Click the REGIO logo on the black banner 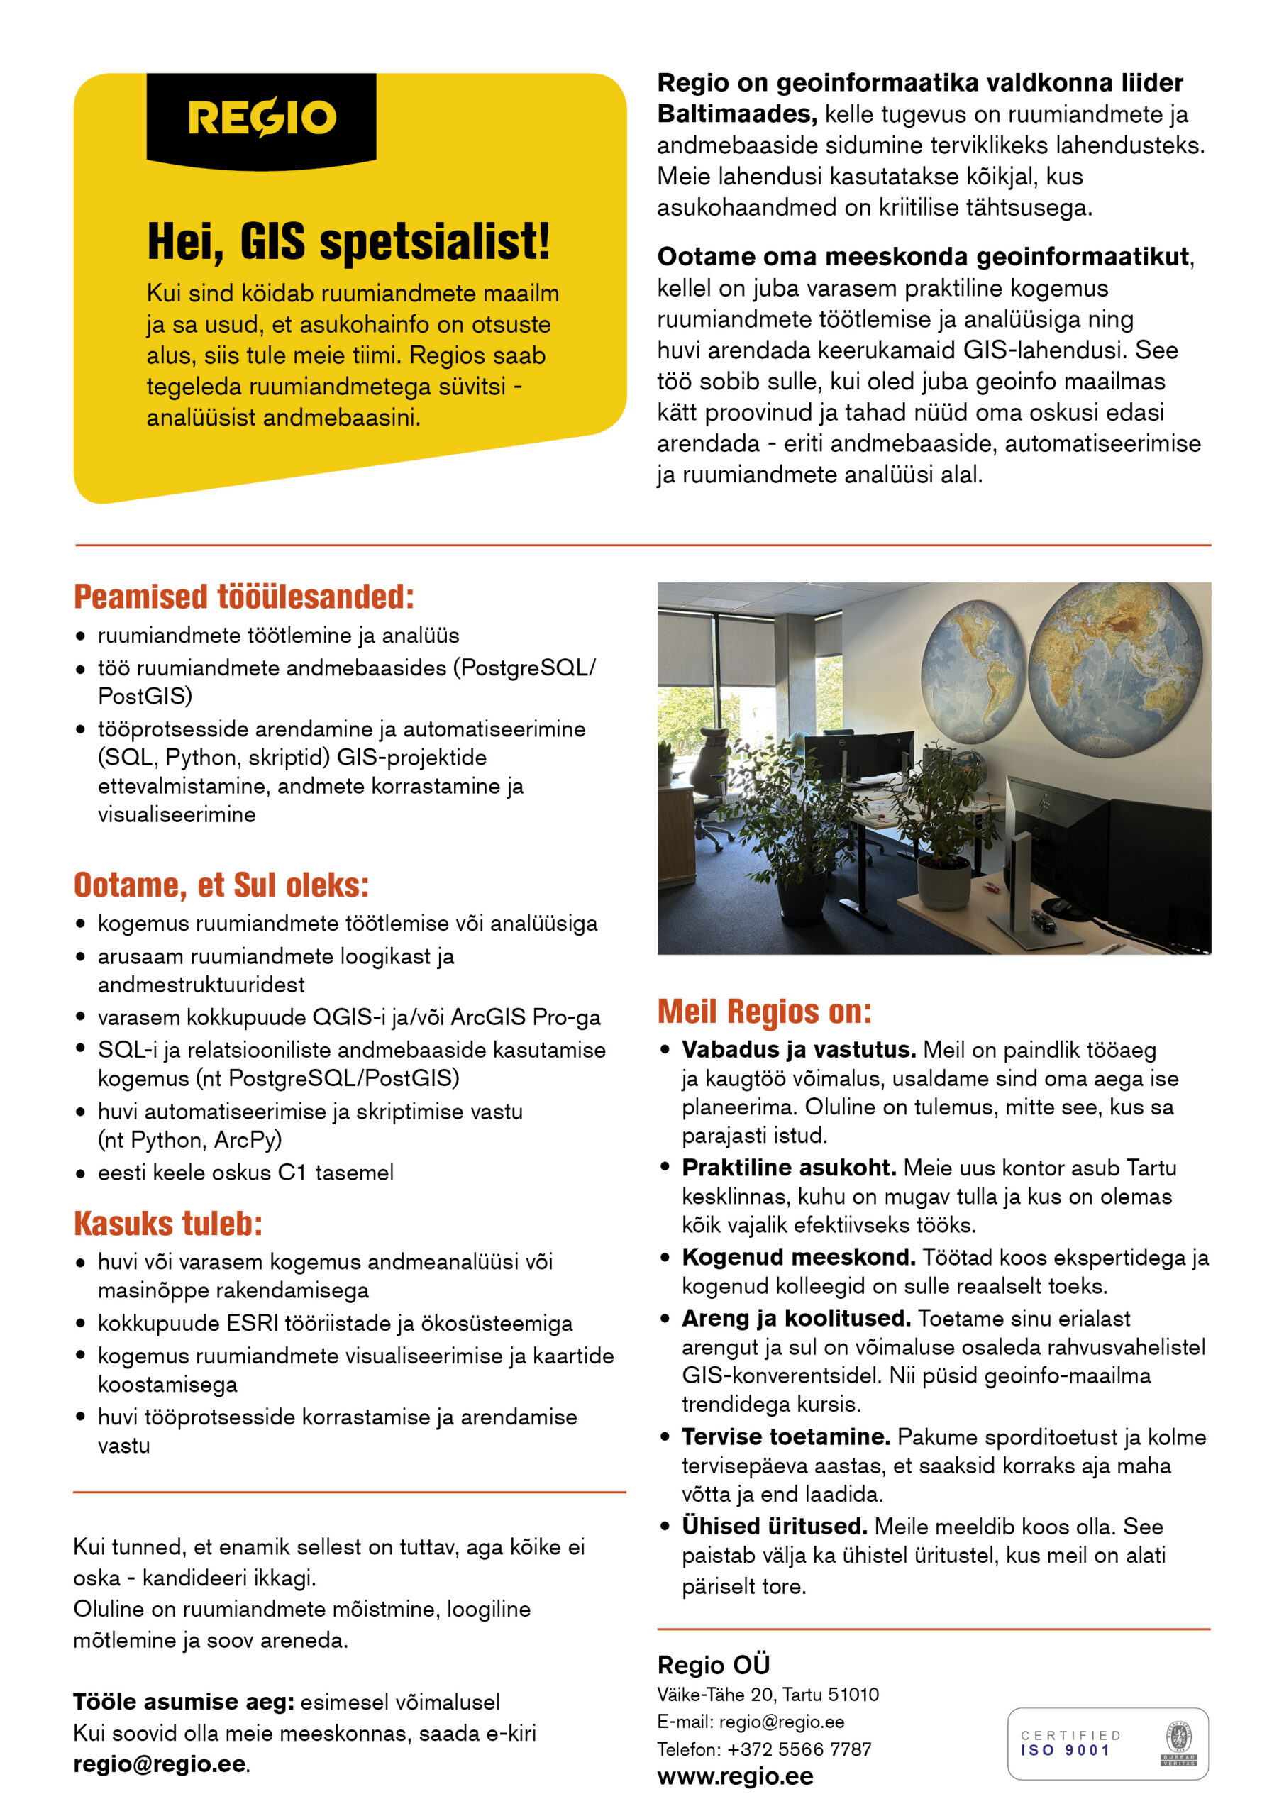pos(261,118)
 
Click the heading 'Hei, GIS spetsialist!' pos(348,240)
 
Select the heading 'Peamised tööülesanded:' pos(243,597)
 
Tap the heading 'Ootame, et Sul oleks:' pos(221,885)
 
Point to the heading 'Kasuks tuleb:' pos(167,1223)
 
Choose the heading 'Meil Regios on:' pos(764,1011)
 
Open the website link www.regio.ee pos(734,1776)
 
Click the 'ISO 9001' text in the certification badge pos(1065,1749)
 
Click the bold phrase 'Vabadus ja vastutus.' pos(798,1050)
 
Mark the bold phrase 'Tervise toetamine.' pos(785,1436)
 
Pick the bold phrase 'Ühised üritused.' pos(775,1526)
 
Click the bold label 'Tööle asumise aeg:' pos(184,1701)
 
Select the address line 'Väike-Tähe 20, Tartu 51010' pos(768,1694)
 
